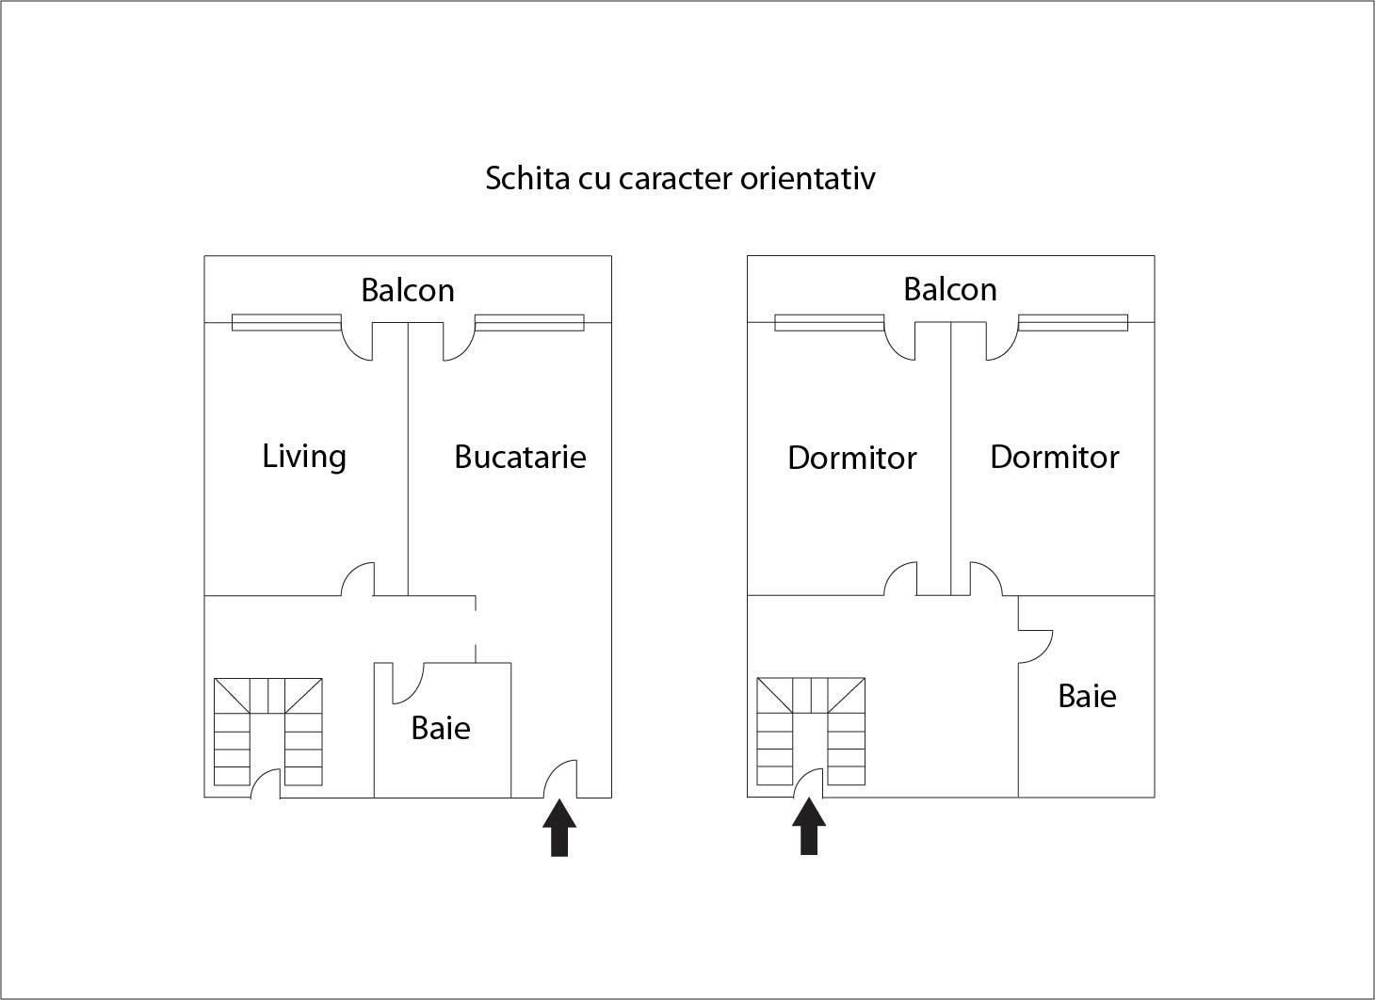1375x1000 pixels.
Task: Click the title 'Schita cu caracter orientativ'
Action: [680, 178]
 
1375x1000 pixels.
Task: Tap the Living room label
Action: [304, 456]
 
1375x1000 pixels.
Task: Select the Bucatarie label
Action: [520, 457]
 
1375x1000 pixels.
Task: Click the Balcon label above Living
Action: [407, 289]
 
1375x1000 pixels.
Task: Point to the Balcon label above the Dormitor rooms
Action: [949, 289]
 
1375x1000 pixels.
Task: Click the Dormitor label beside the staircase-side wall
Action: [851, 458]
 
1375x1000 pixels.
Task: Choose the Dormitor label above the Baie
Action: [1054, 457]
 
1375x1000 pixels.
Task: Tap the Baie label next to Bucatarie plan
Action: [440, 728]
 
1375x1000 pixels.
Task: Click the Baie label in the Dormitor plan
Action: [1087, 696]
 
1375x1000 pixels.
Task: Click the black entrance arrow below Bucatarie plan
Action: [559, 828]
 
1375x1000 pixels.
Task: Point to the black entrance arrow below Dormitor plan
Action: [809, 827]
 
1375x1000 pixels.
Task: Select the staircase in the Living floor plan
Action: [268, 732]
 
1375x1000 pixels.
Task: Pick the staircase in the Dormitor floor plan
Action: [811, 732]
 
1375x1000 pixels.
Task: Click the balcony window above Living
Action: [286, 323]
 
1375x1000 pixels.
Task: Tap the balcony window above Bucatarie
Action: [529, 323]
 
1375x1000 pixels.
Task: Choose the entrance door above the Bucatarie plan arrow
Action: [561, 778]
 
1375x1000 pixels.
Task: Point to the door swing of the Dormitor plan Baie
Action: [1035, 646]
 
